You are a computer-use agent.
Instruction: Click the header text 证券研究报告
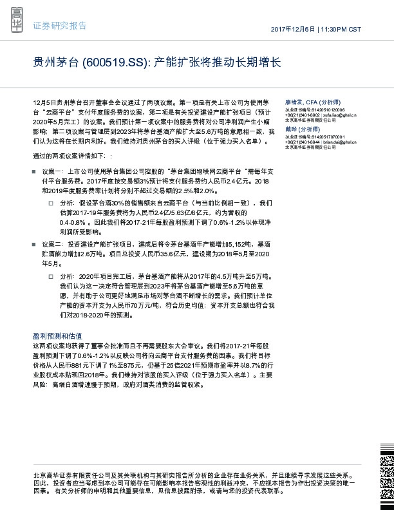click(59, 26)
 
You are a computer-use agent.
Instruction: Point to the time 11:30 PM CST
click(341, 30)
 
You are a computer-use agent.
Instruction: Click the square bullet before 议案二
click(35, 245)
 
